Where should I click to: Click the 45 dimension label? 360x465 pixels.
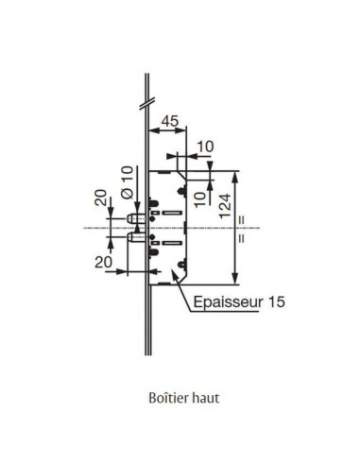(x=170, y=121)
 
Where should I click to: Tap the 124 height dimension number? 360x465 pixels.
(x=225, y=206)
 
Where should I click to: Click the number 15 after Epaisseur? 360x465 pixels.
(x=277, y=301)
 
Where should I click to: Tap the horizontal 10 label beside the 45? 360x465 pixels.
(x=205, y=146)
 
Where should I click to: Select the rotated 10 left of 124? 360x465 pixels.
(x=199, y=199)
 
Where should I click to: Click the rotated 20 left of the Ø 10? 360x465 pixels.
(x=101, y=198)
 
